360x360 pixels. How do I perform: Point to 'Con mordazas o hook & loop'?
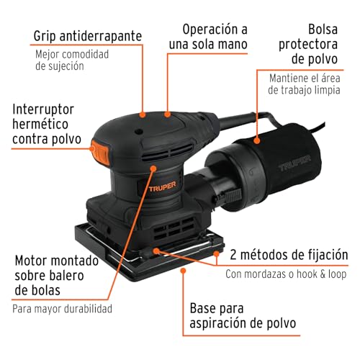click(287, 274)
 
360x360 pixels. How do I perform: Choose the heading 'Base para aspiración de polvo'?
click(243, 315)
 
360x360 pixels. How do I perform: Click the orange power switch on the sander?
click(99, 150)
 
